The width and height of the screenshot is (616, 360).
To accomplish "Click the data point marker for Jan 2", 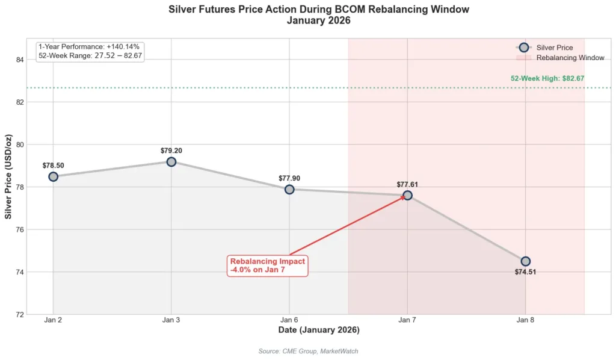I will (x=53, y=176).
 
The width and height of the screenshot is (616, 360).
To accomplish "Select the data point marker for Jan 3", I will (x=171, y=161).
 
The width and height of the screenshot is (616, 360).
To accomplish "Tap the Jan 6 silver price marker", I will (x=289, y=189).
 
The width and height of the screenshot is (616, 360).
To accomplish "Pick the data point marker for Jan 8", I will (x=525, y=261).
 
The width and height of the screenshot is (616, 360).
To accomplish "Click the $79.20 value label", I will (x=171, y=150).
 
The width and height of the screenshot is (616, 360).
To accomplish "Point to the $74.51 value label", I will (x=525, y=272).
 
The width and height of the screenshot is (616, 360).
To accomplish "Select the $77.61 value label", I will (x=407, y=184).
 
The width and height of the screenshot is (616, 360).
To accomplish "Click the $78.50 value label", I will (x=53, y=165).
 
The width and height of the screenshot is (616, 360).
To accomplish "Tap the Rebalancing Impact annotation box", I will (x=268, y=265).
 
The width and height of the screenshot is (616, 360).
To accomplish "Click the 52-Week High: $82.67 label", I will (x=547, y=78).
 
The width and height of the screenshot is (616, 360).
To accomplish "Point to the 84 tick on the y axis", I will (x=19, y=60).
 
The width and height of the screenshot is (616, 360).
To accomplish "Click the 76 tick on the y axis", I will (x=19, y=229).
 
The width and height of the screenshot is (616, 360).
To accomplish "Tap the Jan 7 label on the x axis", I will (x=407, y=320).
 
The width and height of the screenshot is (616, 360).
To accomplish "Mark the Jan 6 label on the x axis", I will (x=289, y=320).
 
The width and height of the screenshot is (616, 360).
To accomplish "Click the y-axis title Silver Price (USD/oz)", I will (x=8, y=176).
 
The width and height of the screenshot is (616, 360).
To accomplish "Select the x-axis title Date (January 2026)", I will (x=319, y=330).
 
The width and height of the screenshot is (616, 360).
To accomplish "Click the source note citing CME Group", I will (x=308, y=351).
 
